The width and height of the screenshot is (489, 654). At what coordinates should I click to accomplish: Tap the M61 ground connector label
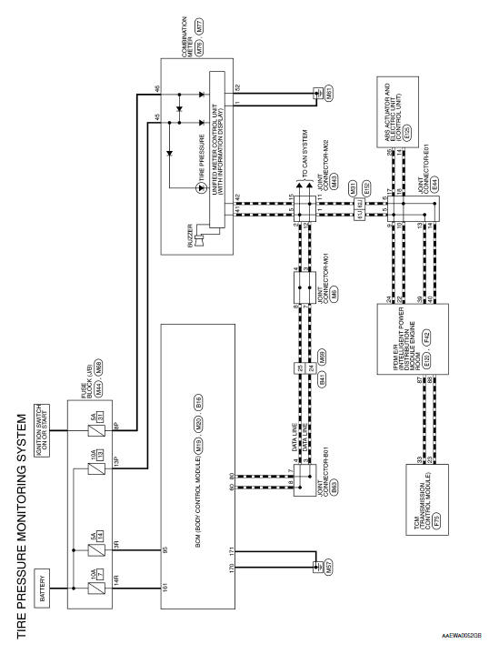click(x=316, y=92)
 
